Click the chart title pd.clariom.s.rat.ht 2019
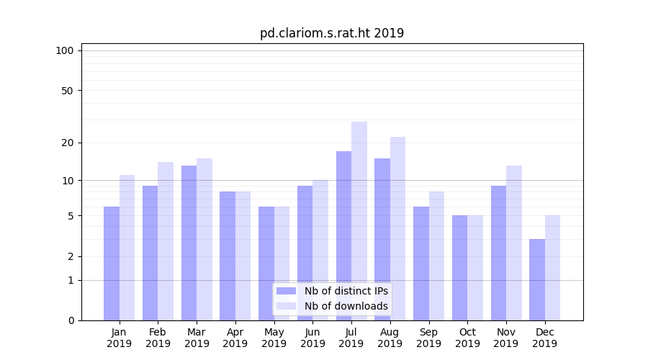332,33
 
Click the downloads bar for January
127,248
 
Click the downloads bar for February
166,241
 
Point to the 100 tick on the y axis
65,50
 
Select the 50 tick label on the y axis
68,91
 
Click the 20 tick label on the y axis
68,143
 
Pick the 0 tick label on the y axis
71,320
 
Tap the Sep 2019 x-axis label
428,338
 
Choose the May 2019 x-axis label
274,338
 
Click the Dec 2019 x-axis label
544,338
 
